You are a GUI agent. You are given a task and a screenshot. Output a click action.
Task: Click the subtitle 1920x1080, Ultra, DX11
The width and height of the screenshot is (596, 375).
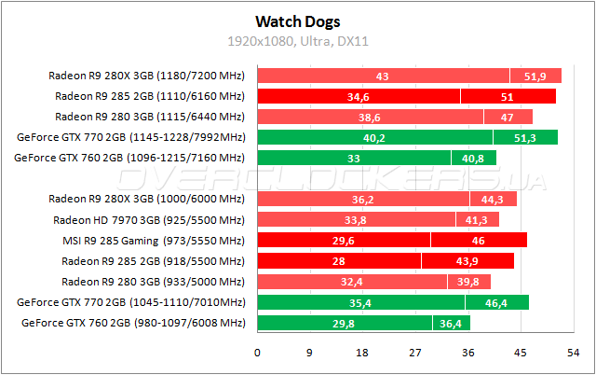298,41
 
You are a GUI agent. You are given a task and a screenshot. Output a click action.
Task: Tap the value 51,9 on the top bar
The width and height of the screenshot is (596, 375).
535,76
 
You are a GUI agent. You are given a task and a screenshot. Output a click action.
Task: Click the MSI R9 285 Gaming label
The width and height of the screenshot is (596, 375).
163,240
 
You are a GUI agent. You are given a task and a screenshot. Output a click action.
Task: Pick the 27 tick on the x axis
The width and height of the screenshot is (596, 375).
415,353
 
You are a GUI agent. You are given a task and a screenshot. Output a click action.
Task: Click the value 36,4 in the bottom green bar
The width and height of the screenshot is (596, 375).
451,323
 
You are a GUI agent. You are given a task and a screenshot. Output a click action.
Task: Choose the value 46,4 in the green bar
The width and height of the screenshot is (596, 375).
497,302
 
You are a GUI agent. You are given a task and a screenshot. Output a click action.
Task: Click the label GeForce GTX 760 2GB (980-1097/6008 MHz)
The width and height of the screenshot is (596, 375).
130,323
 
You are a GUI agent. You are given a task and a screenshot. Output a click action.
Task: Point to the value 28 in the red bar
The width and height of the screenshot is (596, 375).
339,260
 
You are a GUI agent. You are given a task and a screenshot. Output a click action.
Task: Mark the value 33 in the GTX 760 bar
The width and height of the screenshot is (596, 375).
354,158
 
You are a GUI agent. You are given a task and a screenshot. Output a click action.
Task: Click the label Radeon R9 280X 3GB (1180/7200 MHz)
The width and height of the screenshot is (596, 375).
146,76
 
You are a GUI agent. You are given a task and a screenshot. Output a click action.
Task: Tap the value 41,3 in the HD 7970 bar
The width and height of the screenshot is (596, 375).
477,219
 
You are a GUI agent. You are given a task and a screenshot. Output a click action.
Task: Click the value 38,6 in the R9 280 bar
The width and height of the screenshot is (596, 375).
370,117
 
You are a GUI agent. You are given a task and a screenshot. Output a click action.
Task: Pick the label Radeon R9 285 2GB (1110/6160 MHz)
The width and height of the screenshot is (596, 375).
149,96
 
